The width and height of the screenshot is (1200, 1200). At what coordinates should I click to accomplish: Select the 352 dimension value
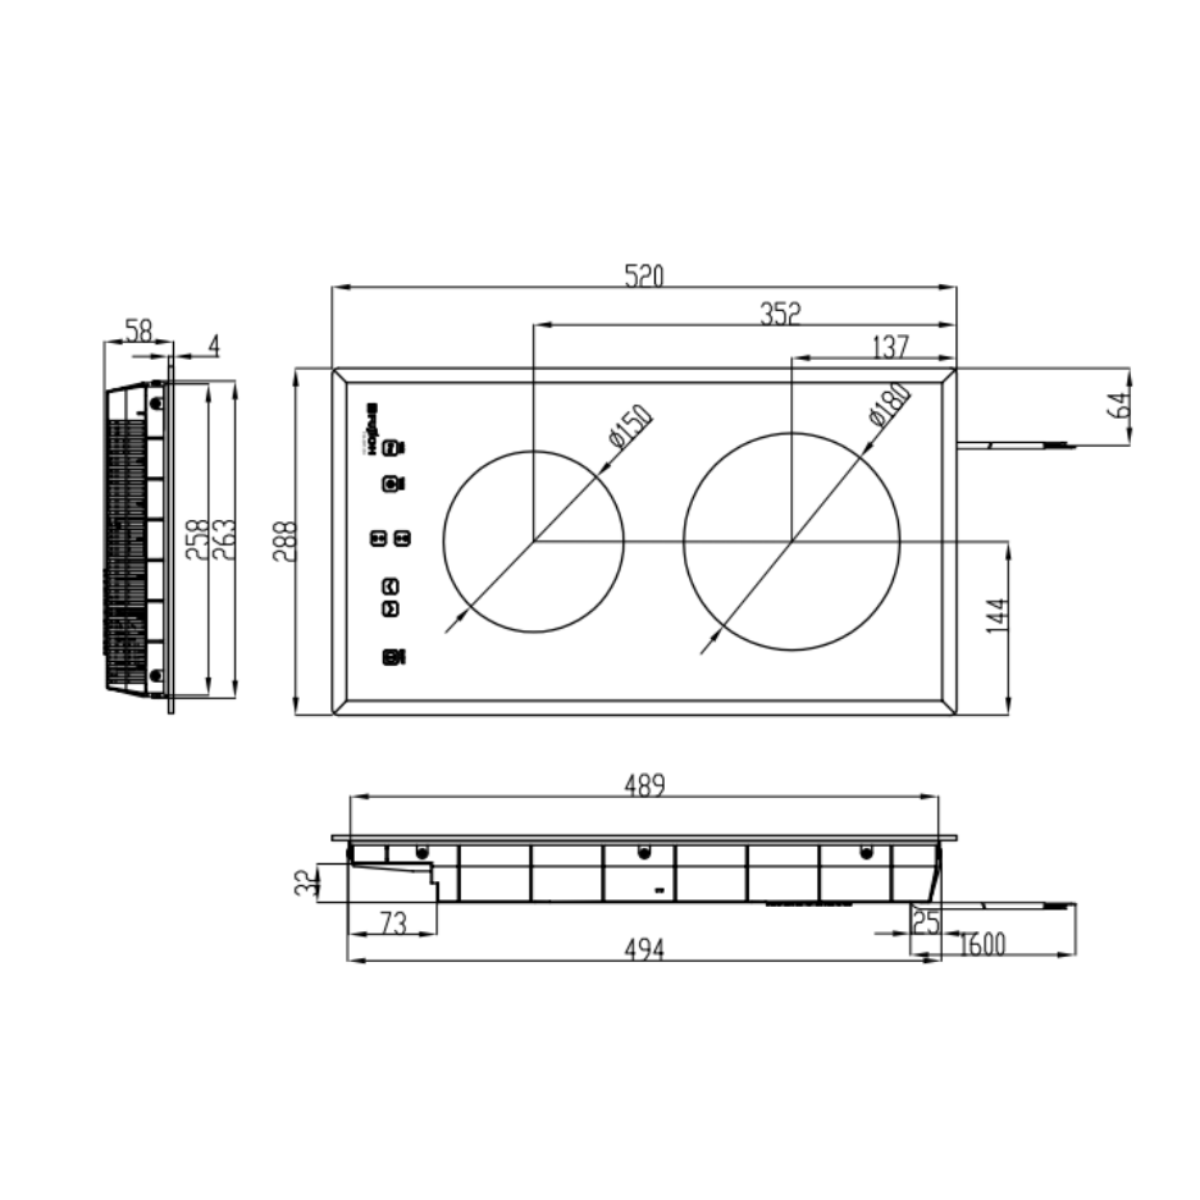pos(780,314)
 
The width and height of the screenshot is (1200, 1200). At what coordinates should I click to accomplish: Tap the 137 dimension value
pos(890,346)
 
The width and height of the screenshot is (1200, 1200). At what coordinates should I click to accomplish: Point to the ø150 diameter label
pos(630,426)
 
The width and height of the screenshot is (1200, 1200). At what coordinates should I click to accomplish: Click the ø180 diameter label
pos(889,406)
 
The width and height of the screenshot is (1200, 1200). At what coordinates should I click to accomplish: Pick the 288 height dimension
pos(286,541)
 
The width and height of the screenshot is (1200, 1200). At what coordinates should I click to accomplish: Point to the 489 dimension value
pos(644,786)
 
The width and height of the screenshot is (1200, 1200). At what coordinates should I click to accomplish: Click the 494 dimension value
pos(644,948)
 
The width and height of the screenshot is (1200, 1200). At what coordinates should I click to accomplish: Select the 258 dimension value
pos(198,540)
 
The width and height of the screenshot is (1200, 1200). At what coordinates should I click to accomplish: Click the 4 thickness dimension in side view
pos(213,346)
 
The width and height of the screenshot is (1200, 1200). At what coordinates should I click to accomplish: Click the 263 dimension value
pos(224,540)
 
